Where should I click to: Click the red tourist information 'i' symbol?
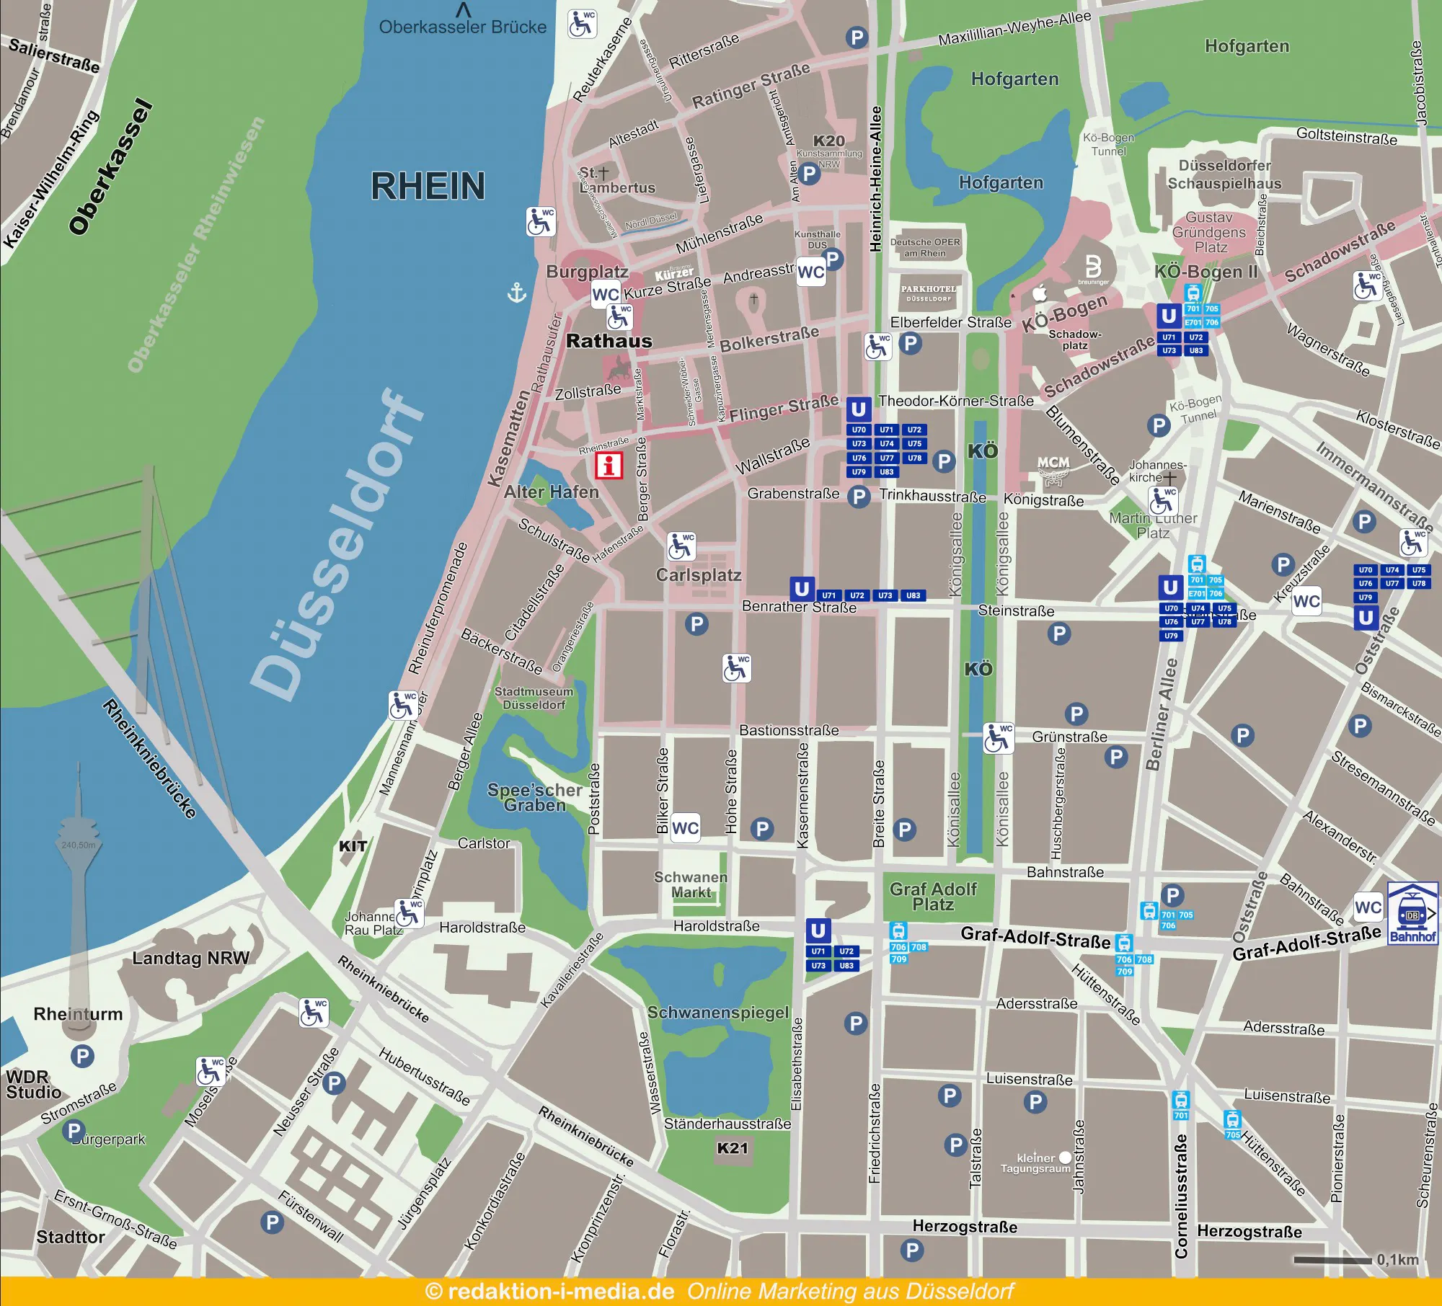609,465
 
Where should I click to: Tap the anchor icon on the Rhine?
517,293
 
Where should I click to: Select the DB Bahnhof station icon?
1412,913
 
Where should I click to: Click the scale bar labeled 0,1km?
1332,1261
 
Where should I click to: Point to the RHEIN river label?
428,187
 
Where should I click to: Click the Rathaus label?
609,341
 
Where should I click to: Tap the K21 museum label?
733,1148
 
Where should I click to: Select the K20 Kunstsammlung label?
828,141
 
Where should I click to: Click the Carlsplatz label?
698,575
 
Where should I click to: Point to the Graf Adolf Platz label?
933,897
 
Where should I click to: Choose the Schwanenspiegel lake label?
717,1013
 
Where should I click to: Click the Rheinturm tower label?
78,1014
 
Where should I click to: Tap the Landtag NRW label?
190,958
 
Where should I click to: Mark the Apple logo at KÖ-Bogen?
1039,293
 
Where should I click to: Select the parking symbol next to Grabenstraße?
858,497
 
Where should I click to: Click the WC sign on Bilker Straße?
685,828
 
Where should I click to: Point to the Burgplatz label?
587,272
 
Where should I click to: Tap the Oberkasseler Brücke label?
462,27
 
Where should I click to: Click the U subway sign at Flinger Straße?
858,409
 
